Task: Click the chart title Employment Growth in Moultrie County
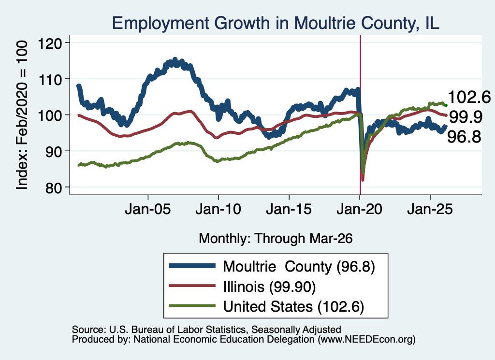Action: (276, 23)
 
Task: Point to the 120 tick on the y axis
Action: (50, 43)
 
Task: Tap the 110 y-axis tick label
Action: (50, 79)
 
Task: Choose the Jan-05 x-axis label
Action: (148, 209)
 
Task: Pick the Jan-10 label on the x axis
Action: (218, 209)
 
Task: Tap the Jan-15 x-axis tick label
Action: (289, 209)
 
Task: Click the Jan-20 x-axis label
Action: (359, 209)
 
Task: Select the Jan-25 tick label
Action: (430, 209)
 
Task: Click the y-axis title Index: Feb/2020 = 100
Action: (22, 115)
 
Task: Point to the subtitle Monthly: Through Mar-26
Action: (276, 238)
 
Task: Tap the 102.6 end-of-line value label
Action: (469, 97)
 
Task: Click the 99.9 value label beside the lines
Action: (466, 117)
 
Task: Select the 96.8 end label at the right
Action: (464, 137)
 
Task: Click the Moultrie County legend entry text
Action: (299, 267)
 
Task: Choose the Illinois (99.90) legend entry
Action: (269, 287)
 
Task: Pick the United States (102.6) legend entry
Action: (293, 306)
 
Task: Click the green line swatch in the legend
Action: (192, 306)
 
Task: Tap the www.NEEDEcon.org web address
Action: (366, 340)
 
